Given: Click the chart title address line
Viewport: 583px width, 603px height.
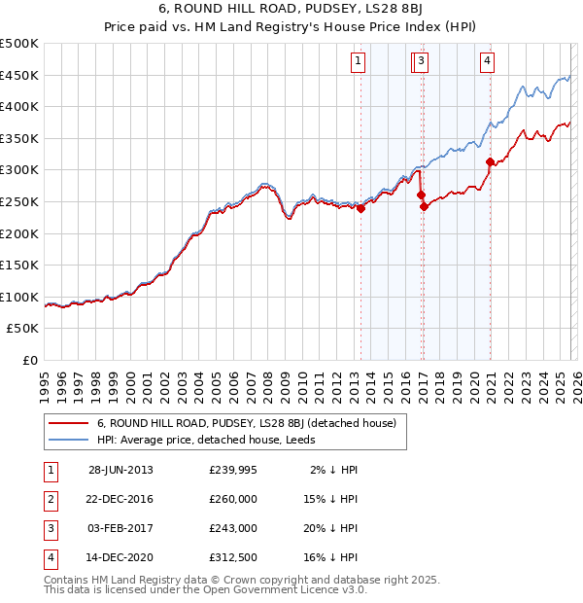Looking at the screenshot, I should [x=291, y=9].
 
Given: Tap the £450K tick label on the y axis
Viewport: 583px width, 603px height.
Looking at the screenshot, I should [x=20, y=75].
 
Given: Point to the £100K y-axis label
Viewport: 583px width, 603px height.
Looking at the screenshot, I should [x=20, y=297].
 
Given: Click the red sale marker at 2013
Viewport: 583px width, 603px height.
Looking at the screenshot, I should [x=360, y=207].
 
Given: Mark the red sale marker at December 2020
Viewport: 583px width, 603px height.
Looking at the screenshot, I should [x=490, y=161].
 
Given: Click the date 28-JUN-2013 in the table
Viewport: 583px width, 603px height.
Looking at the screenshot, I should [x=120, y=470].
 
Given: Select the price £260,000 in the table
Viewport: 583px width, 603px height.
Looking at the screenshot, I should [x=233, y=499].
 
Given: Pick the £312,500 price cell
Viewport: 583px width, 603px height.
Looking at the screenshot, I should [x=233, y=557].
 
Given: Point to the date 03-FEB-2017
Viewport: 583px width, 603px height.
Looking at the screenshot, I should [x=120, y=528].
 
